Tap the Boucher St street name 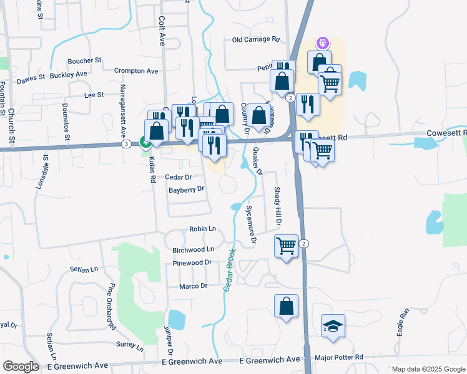click(84, 60)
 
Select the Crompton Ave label click(136, 71)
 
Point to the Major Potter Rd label click(339, 357)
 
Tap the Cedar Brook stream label click(229, 269)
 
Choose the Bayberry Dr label click(187, 189)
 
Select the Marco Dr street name click(193, 286)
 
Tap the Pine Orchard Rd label click(112, 306)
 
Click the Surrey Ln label click(130, 344)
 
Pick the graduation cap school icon click(333, 325)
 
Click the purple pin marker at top click(323, 43)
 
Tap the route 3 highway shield click(127, 144)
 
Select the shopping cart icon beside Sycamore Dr click(286, 246)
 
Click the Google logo click(21, 367)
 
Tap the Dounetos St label click(64, 123)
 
